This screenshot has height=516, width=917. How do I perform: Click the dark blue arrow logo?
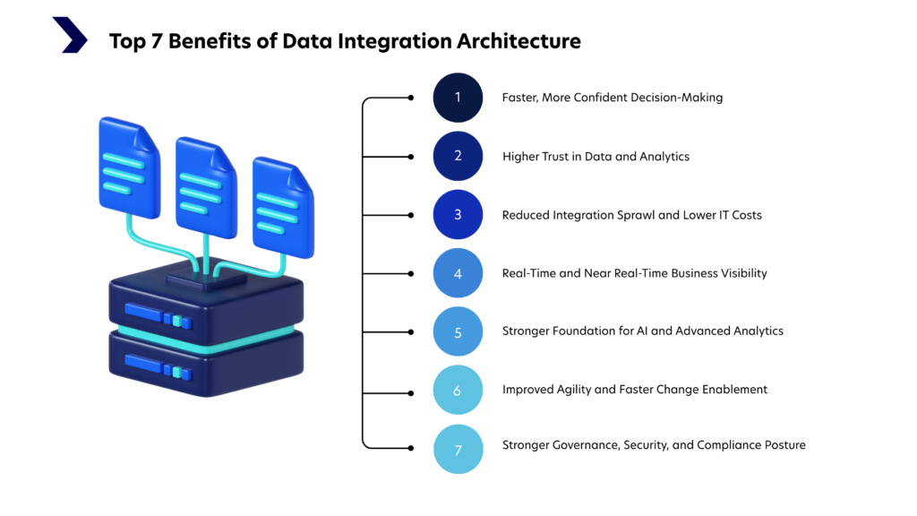(69, 35)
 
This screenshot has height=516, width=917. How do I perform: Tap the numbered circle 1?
(458, 97)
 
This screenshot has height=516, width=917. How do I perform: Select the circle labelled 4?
(458, 273)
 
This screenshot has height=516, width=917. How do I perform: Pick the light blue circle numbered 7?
(458, 449)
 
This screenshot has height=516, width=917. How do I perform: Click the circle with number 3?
(458, 215)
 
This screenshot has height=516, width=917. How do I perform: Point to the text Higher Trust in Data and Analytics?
(596, 156)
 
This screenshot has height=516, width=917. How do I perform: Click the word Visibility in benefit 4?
(741, 273)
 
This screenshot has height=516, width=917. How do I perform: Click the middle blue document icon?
(205, 187)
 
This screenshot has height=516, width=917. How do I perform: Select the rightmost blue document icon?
(282, 207)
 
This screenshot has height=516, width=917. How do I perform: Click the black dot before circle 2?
(411, 156)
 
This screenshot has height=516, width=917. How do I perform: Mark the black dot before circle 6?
(411, 390)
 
